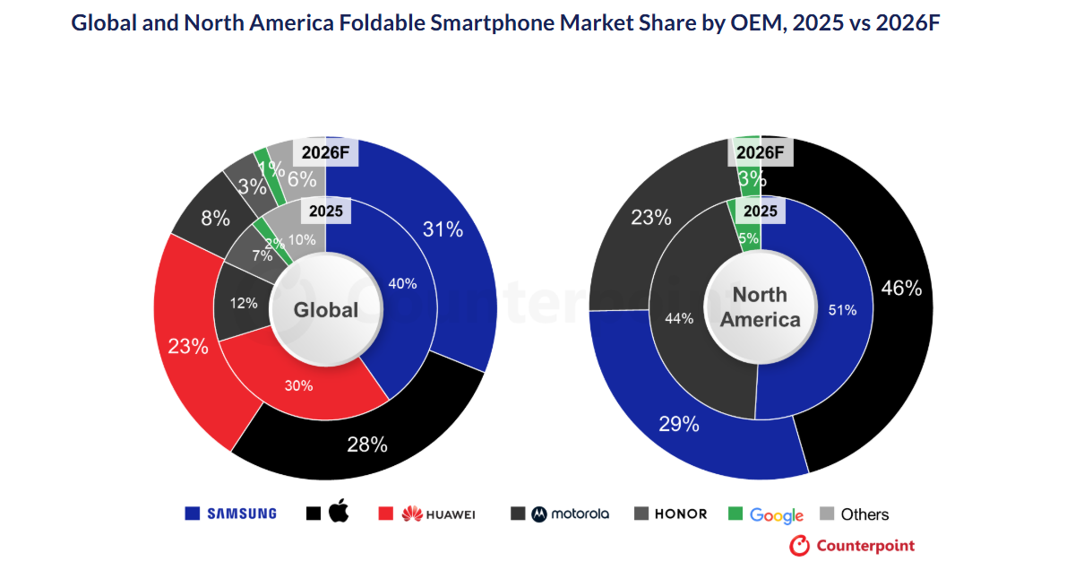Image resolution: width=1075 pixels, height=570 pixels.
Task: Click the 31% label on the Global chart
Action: [x=443, y=229]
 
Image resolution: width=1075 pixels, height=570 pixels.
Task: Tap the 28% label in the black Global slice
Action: [x=367, y=444]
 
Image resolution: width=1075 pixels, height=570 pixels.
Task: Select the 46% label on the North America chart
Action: [x=901, y=288]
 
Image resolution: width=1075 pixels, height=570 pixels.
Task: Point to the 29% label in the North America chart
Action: [x=679, y=424]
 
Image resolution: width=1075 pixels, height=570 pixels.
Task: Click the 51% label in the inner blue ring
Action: [x=843, y=310]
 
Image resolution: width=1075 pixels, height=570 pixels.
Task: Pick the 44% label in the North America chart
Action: [x=678, y=318]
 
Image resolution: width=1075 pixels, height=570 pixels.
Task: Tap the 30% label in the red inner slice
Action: [x=298, y=385]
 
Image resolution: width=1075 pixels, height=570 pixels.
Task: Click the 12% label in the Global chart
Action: [x=244, y=303]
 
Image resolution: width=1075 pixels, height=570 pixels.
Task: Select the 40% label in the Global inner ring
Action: [x=402, y=283]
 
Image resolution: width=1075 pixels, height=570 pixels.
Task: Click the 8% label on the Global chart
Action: [x=215, y=218]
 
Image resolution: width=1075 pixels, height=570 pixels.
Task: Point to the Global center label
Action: [x=326, y=310]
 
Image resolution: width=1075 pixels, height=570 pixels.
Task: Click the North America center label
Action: [x=760, y=307]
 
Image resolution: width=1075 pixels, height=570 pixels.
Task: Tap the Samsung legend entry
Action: [x=231, y=514]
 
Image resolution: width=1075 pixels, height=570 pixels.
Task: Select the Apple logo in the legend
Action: [x=338, y=513]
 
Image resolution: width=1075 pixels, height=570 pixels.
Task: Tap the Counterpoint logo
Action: [x=852, y=545]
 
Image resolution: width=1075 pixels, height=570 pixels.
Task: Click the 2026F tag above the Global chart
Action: [x=325, y=152]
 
